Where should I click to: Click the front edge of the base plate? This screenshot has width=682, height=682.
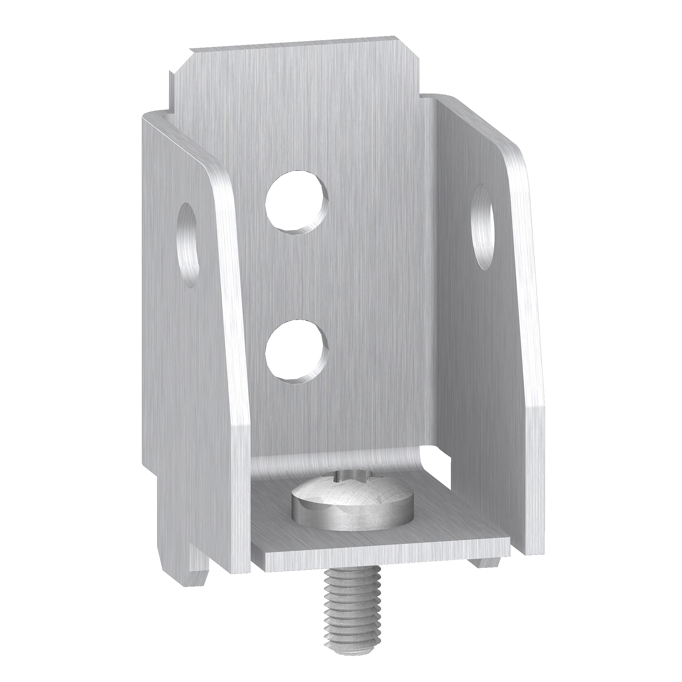click(x=379, y=564)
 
